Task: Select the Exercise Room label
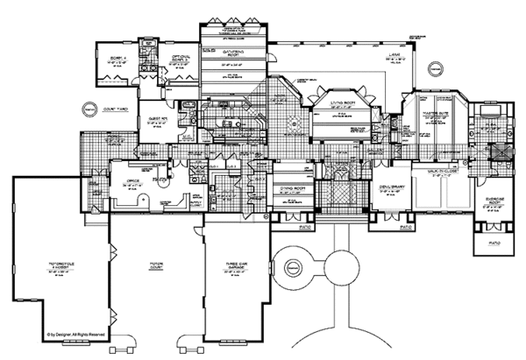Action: click(490, 196)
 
